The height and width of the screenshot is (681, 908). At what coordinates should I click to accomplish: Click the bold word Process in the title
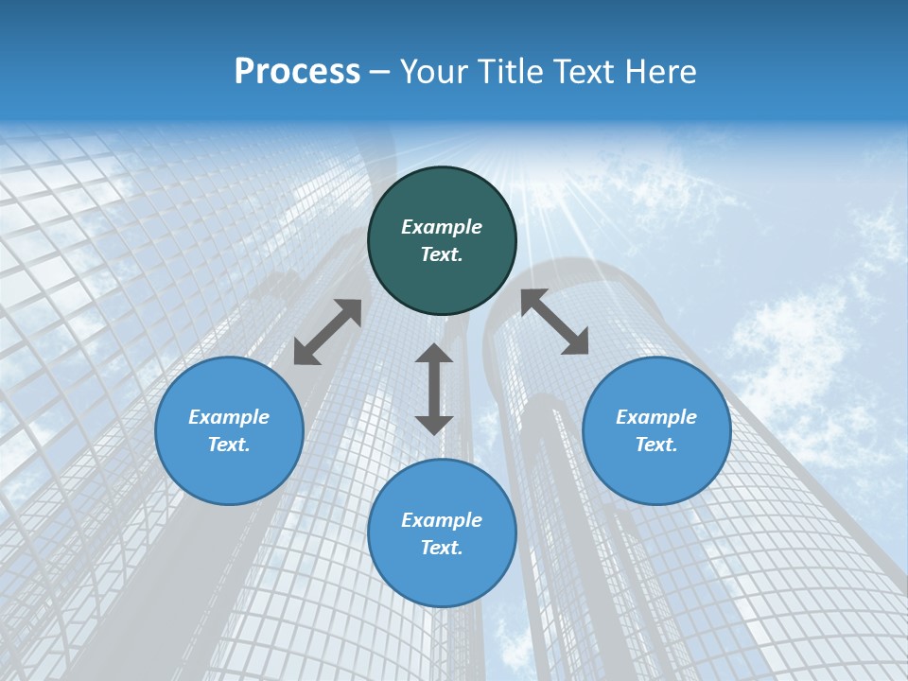point(297,72)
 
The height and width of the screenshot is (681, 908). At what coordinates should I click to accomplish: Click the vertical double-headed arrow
point(434,389)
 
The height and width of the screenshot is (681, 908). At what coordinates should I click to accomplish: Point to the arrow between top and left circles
point(327,331)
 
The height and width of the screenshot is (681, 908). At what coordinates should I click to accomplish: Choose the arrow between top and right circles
point(554,322)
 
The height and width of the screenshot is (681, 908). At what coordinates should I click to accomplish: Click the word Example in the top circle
point(442,227)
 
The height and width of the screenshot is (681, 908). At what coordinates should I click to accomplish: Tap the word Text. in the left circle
point(229,445)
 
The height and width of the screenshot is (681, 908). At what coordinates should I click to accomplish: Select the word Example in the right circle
point(656,417)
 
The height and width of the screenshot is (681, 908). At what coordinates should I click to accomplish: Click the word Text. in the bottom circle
point(442,548)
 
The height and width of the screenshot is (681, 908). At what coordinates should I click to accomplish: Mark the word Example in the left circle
point(229,417)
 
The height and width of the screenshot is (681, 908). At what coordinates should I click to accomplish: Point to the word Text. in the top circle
point(442,254)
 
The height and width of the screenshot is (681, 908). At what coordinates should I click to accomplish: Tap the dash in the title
point(380,73)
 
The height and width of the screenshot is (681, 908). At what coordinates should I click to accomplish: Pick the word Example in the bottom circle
point(442,520)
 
